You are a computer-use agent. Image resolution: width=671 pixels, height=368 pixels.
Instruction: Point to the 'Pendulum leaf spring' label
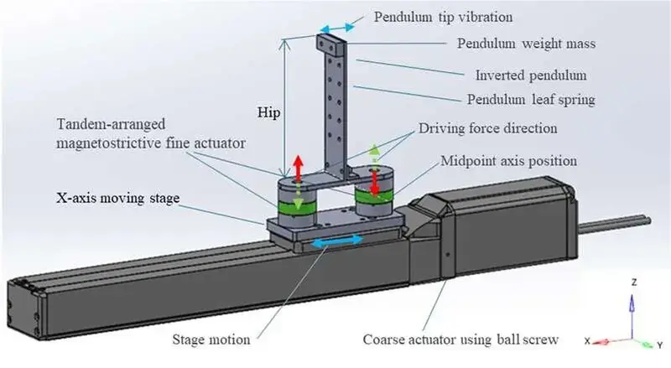530,100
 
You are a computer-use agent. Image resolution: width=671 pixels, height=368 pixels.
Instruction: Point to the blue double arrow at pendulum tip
333,29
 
